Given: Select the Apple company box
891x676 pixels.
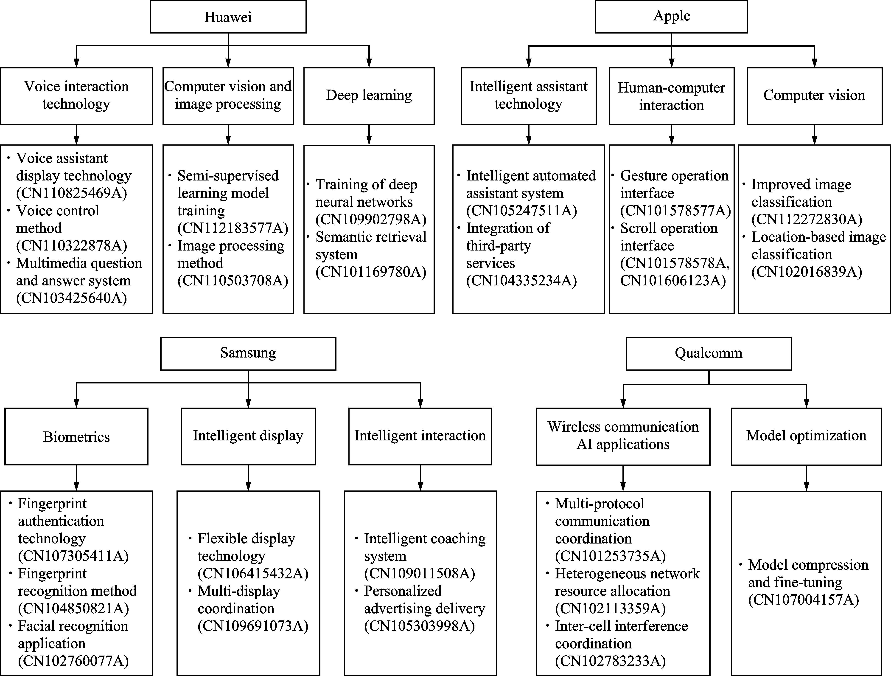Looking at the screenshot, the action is (x=672, y=17).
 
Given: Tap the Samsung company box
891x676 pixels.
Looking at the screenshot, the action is (x=248, y=353).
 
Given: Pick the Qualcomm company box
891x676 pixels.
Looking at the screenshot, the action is (x=709, y=353).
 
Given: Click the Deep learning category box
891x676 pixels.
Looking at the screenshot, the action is (x=369, y=96).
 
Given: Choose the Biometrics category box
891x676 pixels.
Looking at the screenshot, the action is (x=76, y=436).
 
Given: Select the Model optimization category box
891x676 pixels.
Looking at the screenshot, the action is (x=806, y=436).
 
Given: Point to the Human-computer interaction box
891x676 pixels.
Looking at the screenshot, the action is (x=672, y=96).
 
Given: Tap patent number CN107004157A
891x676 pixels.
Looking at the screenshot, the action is (x=804, y=600).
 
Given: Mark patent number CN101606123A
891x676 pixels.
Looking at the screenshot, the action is (x=673, y=280).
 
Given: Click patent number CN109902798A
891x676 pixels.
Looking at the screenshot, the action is (x=371, y=219).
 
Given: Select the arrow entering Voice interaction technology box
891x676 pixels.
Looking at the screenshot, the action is (x=76, y=56).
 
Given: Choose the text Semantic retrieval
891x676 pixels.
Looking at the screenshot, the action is (x=371, y=237).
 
